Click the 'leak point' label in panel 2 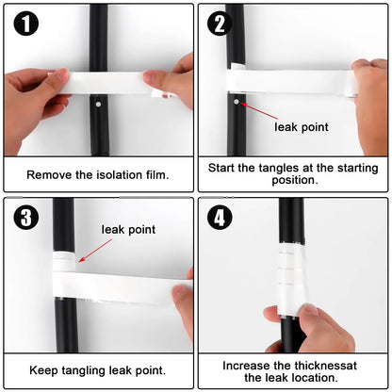coord(302,127)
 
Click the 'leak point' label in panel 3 coord(129,229)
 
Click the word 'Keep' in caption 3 coord(43,370)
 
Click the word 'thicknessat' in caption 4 coord(326,364)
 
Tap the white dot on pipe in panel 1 coord(97,98)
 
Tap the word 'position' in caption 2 coord(291,182)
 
